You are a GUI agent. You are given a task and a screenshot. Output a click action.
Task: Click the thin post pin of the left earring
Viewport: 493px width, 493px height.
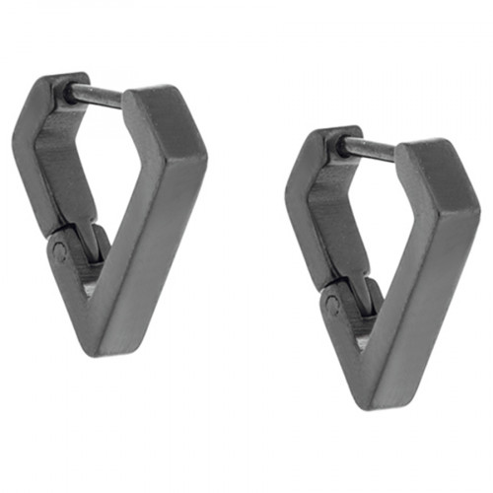[97, 96]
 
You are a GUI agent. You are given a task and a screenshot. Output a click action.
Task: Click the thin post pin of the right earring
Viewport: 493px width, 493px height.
[368, 148]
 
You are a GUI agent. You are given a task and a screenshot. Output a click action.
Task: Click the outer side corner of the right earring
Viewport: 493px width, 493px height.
[471, 209]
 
